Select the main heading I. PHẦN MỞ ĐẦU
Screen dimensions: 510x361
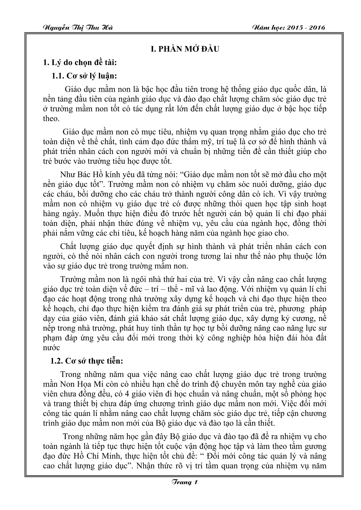[180, 49]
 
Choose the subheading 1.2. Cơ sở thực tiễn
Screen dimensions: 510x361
[87, 361]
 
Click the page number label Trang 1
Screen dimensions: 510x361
[180, 482]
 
